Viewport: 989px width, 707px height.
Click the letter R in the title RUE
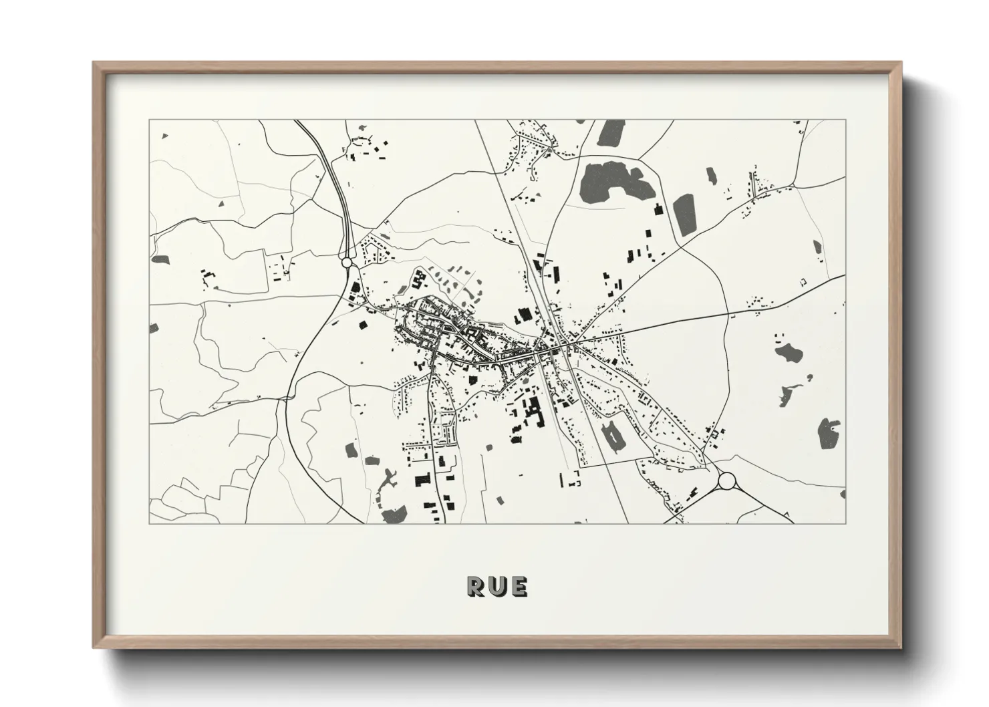pyautogui.click(x=477, y=586)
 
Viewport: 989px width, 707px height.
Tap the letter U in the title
pyautogui.click(x=498, y=586)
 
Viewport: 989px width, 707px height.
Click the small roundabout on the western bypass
pyautogui.click(x=346, y=263)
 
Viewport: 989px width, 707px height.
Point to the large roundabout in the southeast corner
pyautogui.click(x=727, y=480)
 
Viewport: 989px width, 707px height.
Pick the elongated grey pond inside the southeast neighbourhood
pyautogui.click(x=613, y=437)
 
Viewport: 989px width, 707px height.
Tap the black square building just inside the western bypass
pyautogui.click(x=364, y=325)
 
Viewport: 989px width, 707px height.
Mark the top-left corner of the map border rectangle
pyautogui.click(x=149, y=120)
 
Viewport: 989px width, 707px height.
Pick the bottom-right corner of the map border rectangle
pyautogui.click(x=845, y=523)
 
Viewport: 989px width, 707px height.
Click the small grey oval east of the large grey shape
pyautogui.click(x=710, y=176)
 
